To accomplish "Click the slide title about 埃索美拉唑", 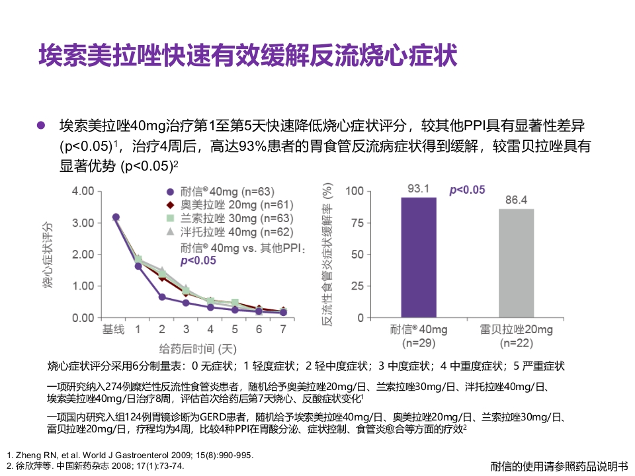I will coord(247,56).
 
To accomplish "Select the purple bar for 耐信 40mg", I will coord(419,257).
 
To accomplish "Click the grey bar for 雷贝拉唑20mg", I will coord(516,262).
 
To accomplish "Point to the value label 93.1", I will coord(419,189).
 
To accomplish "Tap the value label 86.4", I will coord(516,200).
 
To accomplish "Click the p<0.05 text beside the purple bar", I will coord(467,190).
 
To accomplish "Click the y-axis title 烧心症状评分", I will coord(48,255).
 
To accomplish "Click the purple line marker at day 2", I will coord(162,297).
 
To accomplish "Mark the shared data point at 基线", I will coord(116,217).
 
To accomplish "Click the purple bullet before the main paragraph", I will coord(41,126).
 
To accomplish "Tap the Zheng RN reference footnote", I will coord(129,456).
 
